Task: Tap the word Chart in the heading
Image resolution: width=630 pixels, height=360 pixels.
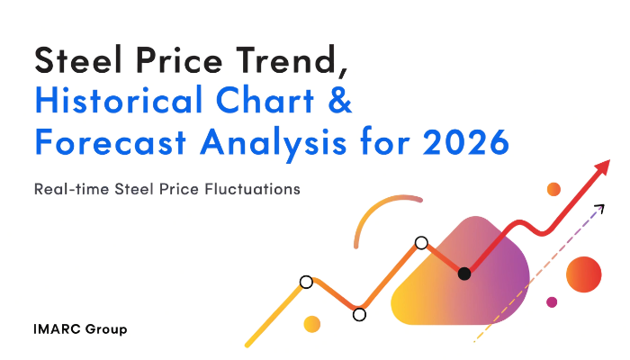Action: click(265, 100)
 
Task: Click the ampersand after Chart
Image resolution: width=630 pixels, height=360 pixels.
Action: click(340, 100)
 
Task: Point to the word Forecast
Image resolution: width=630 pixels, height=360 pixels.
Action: click(111, 142)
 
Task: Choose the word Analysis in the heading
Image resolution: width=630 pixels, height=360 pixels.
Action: click(274, 144)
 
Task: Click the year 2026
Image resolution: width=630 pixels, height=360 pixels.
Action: click(466, 142)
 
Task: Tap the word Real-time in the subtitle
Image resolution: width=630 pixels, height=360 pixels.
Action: click(71, 189)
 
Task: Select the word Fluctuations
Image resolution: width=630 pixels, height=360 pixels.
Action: click(252, 189)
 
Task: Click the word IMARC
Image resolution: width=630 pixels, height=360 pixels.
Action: click(58, 329)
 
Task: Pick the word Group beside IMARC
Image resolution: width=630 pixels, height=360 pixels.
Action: click(106, 330)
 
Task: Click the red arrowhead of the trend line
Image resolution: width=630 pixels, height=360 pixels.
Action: click(602, 166)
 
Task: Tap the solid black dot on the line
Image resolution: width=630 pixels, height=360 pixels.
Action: click(464, 274)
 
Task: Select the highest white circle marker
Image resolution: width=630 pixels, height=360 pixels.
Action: click(421, 243)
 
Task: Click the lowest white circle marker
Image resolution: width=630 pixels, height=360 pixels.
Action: click(359, 315)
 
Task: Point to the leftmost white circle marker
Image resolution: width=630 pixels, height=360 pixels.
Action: click(306, 282)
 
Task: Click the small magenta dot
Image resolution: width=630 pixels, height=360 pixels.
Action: click(552, 302)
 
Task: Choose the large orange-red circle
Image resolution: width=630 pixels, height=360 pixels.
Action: click(584, 274)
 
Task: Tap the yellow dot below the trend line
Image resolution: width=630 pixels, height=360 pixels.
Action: click(311, 324)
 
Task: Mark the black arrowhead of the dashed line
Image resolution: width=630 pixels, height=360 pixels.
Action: click(600, 208)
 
